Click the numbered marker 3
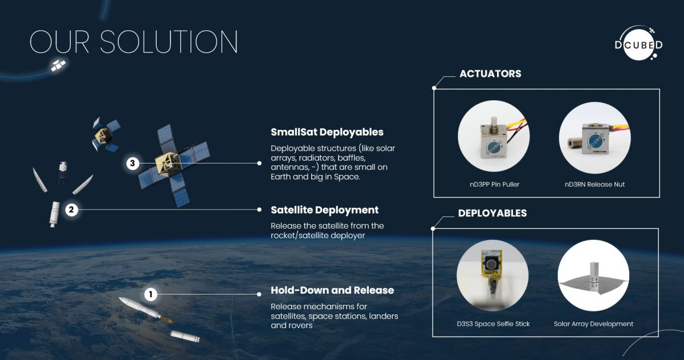[x=132, y=163]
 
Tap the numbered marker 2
[x=72, y=210]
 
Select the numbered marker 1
[x=150, y=294]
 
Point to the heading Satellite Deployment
[x=324, y=210]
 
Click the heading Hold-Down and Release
[x=332, y=291]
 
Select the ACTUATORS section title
[x=490, y=73]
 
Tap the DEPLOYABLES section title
[x=492, y=213]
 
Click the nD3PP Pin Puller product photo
[x=493, y=137]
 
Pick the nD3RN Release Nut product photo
[x=594, y=137]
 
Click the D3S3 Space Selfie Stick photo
[x=492, y=275]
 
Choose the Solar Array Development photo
[x=593, y=275]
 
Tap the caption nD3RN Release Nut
[x=594, y=184]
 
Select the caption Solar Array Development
[x=593, y=324]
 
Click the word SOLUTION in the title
[x=169, y=42]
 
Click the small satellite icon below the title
[x=58, y=66]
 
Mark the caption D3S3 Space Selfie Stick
[x=493, y=324]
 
